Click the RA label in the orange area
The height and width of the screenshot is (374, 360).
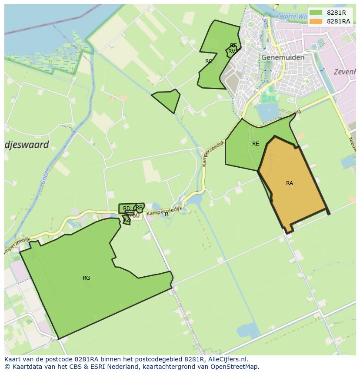tap(290, 183)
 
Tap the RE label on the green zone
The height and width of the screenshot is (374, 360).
tap(255, 144)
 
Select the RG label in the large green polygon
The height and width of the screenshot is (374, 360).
tap(86, 278)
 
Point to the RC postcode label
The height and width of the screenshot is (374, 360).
tap(209, 61)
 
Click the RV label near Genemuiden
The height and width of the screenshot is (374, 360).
tap(232, 51)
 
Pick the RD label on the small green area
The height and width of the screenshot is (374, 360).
tap(127, 209)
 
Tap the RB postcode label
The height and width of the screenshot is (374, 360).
tap(139, 208)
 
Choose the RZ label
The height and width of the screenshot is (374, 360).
tap(127, 220)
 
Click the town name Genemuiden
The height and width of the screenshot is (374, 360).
tap(283, 57)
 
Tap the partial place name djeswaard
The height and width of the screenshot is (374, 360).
tap(27, 145)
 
